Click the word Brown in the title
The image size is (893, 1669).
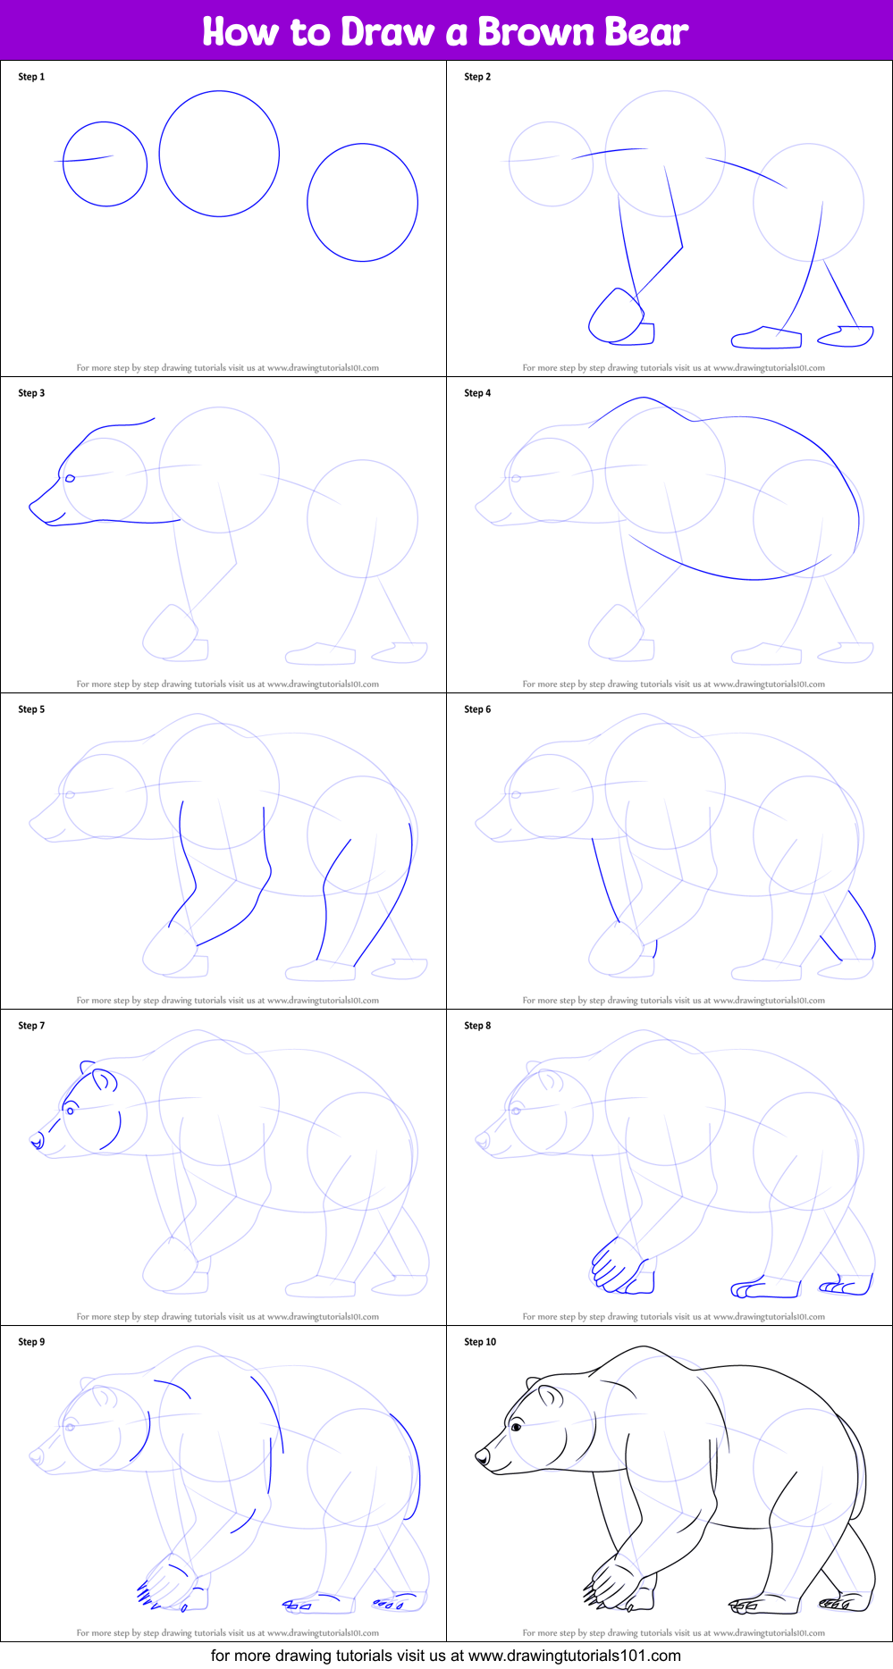click(535, 32)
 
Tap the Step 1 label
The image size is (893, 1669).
click(31, 77)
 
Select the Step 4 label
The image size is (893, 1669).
click(477, 393)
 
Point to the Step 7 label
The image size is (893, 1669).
click(31, 1026)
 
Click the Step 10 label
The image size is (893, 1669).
click(480, 1342)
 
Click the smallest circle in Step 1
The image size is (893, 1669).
click(105, 164)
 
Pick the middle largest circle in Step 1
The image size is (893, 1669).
click(219, 154)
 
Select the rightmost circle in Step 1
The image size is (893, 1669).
click(362, 203)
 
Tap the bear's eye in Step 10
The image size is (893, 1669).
click(517, 1427)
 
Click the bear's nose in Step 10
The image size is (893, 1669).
click(482, 1456)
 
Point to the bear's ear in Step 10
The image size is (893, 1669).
click(549, 1396)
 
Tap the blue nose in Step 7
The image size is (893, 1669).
click(36, 1140)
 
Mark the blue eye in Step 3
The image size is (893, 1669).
click(70, 478)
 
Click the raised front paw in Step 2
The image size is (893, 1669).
click(615, 315)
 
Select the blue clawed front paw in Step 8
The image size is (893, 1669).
click(617, 1267)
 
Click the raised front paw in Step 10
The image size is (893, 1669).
click(612, 1581)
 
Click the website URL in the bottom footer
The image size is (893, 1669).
click(575, 1656)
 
